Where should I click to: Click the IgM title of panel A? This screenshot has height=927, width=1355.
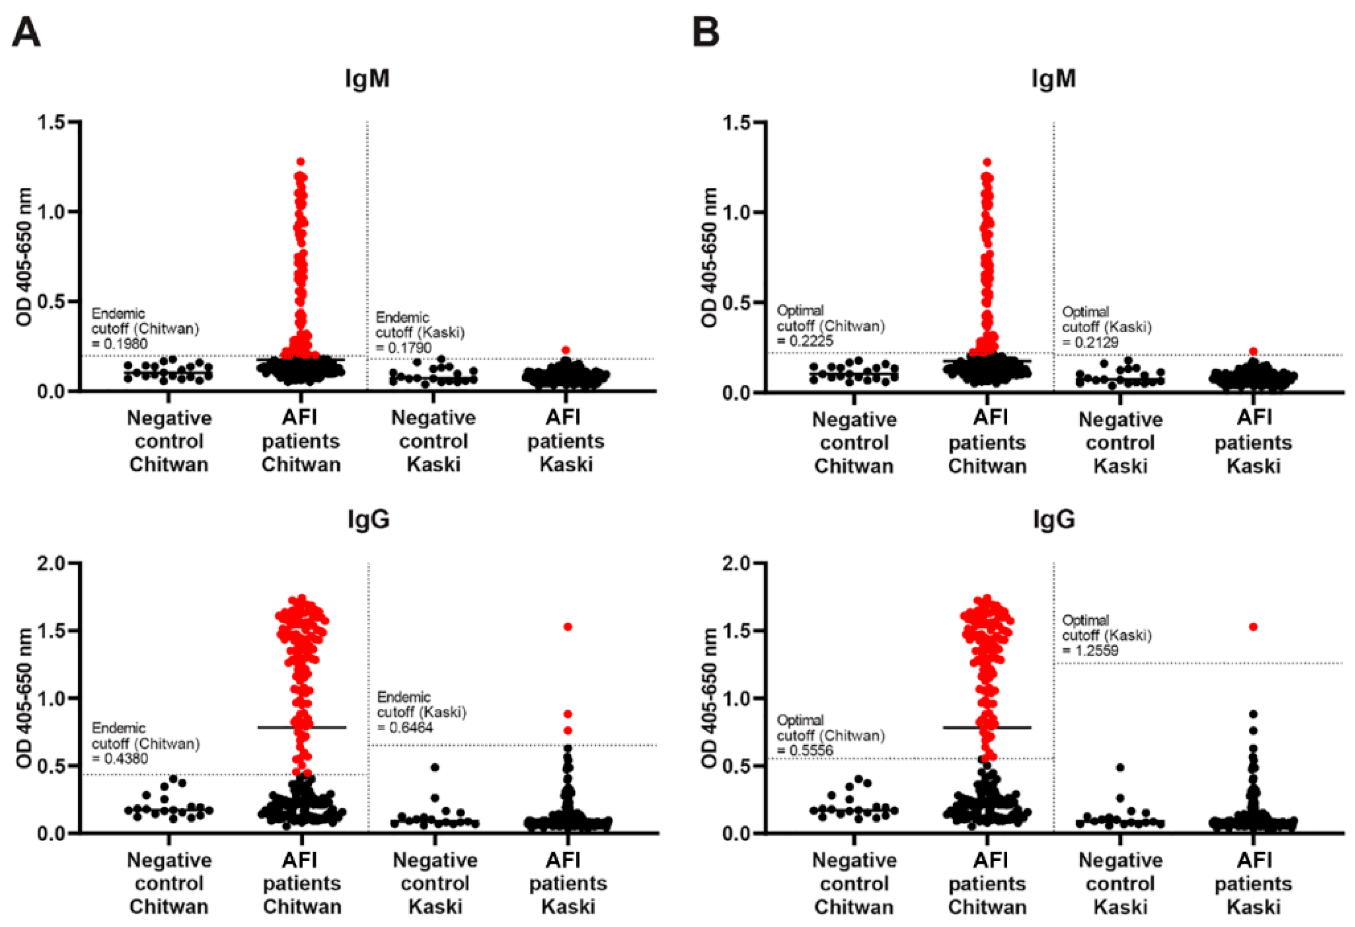point(367,78)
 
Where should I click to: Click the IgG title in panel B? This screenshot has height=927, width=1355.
point(1054,519)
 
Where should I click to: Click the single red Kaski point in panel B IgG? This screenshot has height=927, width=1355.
point(1253,627)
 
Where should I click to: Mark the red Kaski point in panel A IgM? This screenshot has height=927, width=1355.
point(565,350)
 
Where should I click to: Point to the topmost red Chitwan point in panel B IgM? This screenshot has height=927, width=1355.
point(987,162)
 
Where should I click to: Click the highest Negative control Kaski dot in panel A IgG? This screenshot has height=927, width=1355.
point(435,767)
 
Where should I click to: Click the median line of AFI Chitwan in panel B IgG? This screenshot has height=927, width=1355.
point(987,728)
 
